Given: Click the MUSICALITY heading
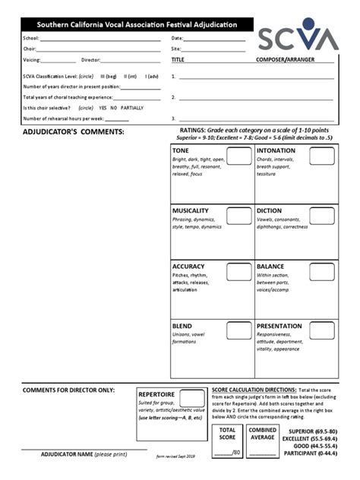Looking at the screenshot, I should (x=191, y=210).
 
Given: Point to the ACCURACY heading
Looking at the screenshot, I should (x=188, y=267).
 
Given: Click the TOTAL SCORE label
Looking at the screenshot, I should (x=227, y=434).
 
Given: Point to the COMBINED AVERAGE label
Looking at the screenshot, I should (x=262, y=434).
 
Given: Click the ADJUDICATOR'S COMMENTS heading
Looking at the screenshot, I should (x=73, y=131).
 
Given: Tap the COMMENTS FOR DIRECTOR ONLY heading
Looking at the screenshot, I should (x=68, y=390).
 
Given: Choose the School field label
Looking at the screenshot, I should (x=30, y=37).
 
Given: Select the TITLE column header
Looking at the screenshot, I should (x=178, y=58).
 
